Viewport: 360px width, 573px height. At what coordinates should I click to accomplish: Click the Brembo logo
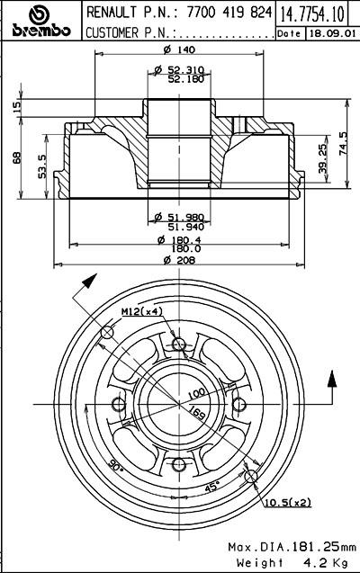40,21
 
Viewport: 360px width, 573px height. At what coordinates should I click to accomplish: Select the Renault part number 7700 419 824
229,13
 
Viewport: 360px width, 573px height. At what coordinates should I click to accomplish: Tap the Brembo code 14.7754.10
312,13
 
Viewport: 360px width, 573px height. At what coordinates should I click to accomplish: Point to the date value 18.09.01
332,33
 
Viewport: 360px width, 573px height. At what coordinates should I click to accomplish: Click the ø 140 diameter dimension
179,49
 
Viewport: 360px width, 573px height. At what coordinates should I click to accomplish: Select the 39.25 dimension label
322,158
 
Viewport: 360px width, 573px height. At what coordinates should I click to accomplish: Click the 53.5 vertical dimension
42,166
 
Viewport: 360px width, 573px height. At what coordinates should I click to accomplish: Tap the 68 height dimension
17,157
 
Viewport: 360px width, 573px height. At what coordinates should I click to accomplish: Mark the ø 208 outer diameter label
179,260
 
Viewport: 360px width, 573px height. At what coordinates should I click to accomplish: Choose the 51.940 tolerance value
185,227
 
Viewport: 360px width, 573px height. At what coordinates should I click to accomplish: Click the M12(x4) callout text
142,311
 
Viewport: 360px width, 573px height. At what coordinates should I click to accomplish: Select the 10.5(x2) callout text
288,503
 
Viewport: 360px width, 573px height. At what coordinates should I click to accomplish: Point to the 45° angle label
211,487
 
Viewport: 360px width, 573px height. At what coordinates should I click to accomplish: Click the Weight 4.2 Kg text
292,562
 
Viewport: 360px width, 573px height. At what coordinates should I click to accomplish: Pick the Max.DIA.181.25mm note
292,547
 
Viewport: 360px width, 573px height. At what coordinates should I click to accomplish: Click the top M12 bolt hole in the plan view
179,344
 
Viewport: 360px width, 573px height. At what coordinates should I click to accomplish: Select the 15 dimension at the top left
17,106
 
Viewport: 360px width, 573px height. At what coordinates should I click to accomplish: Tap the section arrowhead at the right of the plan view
331,379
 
